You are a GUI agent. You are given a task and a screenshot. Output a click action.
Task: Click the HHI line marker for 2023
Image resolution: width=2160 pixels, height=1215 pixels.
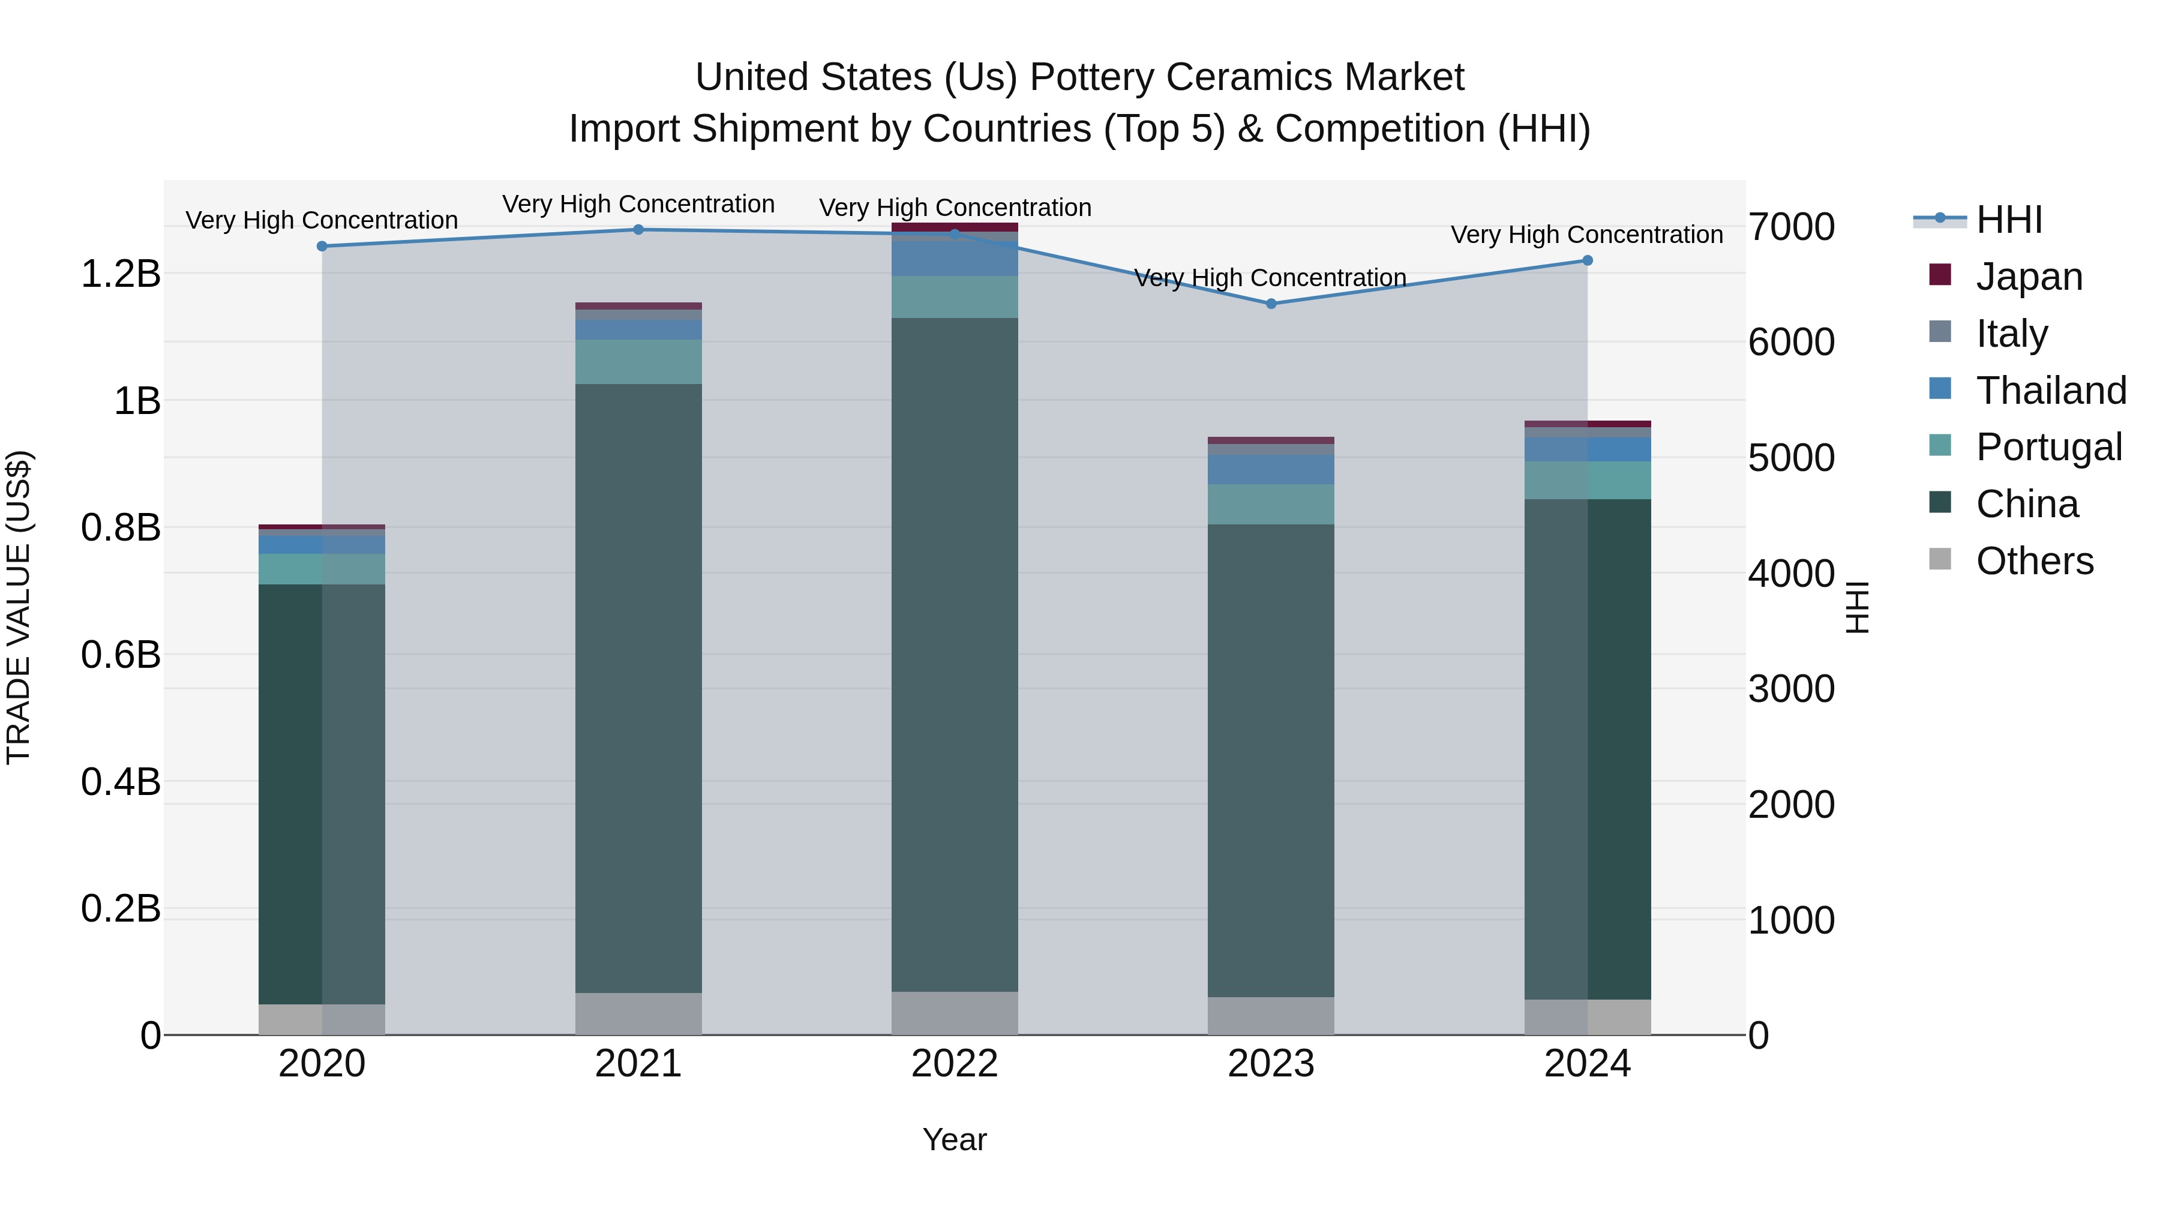click(1270, 304)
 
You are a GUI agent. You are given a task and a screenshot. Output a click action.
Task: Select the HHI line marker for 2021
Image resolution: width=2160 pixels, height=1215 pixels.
click(638, 230)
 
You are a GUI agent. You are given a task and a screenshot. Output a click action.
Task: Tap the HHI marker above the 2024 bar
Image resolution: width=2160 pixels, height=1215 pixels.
click(1587, 261)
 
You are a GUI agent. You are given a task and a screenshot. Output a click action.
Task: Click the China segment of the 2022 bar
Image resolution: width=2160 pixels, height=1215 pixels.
click(954, 654)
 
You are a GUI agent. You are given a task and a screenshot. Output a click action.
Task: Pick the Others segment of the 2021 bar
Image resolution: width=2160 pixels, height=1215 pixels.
click(638, 1014)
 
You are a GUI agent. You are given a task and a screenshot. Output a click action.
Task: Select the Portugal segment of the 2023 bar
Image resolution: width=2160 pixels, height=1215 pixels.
click(1270, 504)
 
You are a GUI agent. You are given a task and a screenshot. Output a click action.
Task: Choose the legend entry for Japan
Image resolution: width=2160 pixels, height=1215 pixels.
click(2029, 277)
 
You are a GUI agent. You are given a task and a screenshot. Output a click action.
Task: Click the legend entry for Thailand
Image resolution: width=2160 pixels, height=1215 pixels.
click(2050, 391)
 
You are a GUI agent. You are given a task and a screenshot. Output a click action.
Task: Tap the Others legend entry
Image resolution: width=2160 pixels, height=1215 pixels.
click(2034, 561)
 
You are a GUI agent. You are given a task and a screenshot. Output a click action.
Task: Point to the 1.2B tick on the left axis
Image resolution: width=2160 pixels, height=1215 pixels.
click(121, 274)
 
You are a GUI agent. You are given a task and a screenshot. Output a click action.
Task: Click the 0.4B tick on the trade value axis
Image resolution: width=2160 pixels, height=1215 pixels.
click(121, 781)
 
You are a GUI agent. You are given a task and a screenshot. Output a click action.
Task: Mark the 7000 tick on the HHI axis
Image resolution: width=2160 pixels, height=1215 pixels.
click(1791, 227)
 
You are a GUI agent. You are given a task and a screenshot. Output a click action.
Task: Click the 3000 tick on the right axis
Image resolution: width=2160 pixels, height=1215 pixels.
click(1791, 689)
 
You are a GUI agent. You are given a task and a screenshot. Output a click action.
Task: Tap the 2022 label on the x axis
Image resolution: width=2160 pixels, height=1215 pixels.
click(954, 1064)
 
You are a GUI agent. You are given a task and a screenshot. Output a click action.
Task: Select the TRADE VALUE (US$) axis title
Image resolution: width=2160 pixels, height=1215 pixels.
click(19, 608)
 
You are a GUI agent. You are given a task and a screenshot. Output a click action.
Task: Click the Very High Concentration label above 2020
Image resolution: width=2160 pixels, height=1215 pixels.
click(322, 221)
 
